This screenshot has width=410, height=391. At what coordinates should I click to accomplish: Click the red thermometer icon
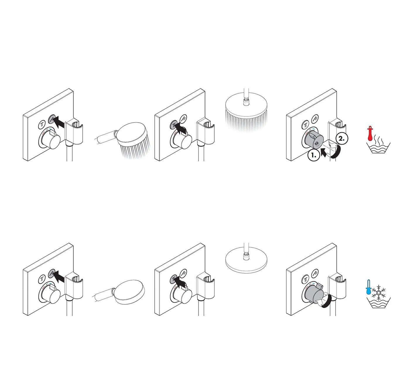tap(370, 134)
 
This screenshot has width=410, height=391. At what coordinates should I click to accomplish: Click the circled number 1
tap(313, 155)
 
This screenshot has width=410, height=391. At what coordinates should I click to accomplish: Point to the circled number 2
tap(341, 139)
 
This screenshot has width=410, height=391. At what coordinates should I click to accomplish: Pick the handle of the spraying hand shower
tap(104, 137)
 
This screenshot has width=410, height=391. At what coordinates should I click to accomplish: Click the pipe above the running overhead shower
tap(246, 95)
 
